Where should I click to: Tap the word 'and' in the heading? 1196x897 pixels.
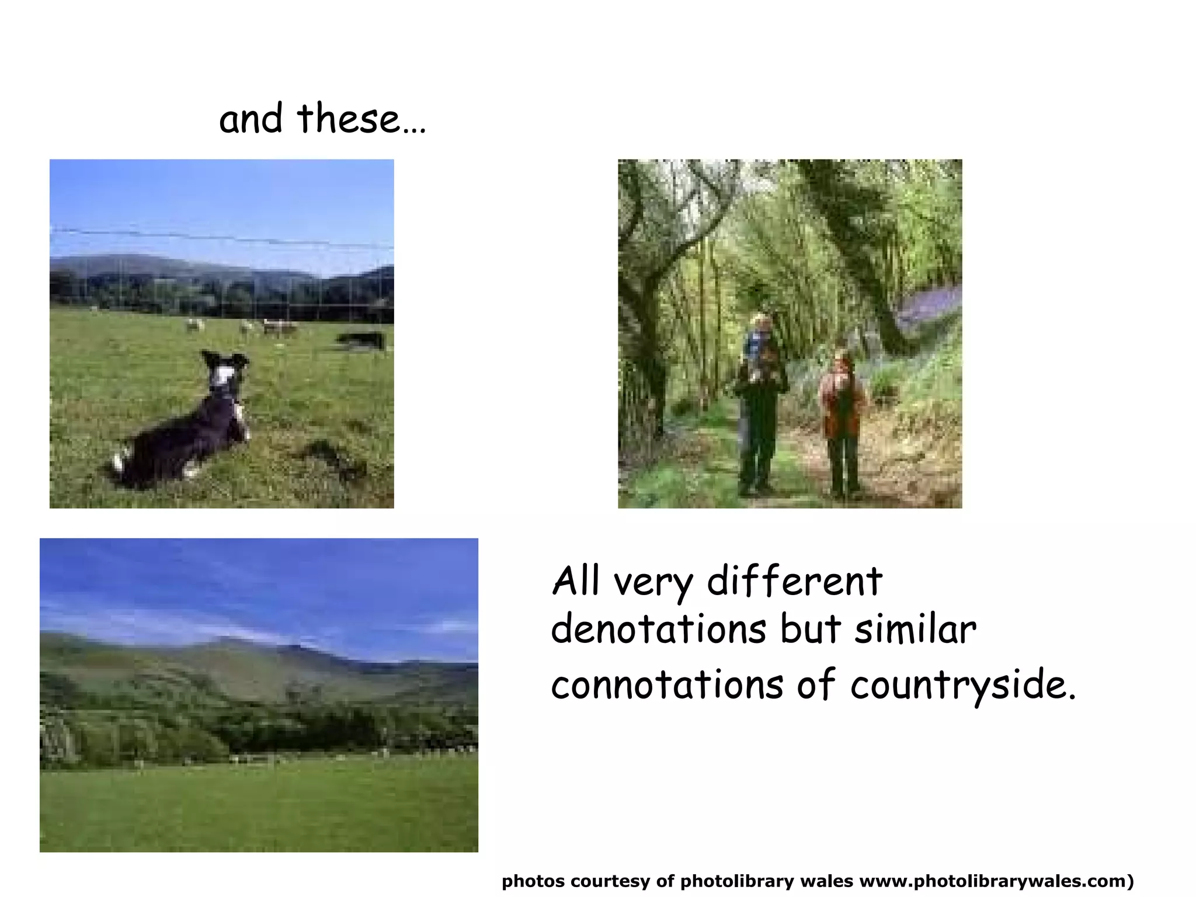(x=251, y=119)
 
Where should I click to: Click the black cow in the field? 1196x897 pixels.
(x=362, y=340)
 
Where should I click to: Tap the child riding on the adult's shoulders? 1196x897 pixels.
(x=759, y=345)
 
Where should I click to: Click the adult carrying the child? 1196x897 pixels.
(x=758, y=432)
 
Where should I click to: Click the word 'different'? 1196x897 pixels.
(x=794, y=582)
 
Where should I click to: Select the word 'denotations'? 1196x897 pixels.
(x=658, y=630)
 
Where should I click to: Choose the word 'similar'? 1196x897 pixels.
(x=915, y=630)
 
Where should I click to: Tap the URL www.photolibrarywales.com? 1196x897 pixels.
(x=993, y=881)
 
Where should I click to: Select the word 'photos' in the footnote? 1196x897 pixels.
(x=533, y=881)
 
